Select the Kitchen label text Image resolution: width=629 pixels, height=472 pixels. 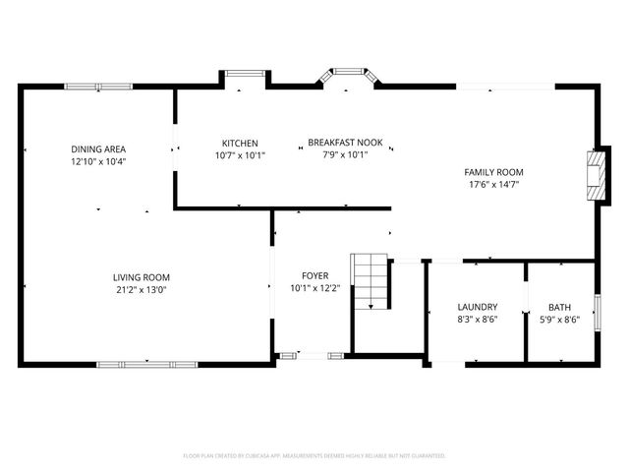(x=240, y=143)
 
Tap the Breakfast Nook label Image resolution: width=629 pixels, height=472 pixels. (x=337, y=143)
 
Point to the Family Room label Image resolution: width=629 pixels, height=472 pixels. (x=493, y=171)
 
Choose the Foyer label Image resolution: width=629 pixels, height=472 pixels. (x=315, y=275)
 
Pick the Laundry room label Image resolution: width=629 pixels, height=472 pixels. (x=477, y=307)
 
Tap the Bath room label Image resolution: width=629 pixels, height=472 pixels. (x=559, y=307)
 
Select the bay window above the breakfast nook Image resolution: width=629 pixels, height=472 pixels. (x=346, y=75)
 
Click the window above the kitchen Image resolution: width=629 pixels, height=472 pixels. (x=245, y=73)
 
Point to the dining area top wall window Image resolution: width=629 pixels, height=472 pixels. (x=98, y=87)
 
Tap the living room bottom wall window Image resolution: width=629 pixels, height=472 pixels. (x=147, y=364)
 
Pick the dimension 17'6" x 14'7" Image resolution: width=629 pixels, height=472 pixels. (x=493, y=184)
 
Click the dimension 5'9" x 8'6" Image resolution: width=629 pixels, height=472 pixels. (x=559, y=319)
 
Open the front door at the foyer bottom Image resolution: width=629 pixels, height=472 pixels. (x=314, y=356)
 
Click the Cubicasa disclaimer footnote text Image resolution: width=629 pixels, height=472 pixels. (x=314, y=456)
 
